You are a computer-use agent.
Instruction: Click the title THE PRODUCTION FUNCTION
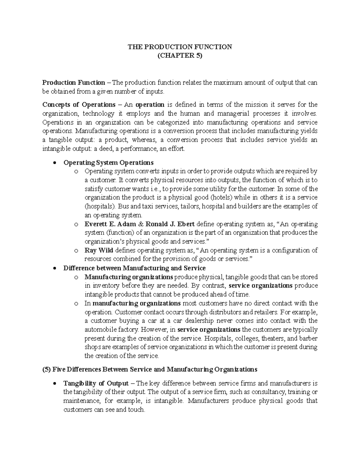pyautogui.click(x=180, y=47)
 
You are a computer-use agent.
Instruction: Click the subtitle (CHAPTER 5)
pyautogui.click(x=180, y=56)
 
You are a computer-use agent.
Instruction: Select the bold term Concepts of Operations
pyautogui.click(x=79, y=105)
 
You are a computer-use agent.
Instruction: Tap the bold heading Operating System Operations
pyautogui.click(x=108, y=163)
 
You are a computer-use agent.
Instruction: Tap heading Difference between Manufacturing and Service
pyautogui.click(x=134, y=268)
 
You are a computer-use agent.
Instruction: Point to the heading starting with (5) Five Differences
pyautogui.click(x=150, y=369)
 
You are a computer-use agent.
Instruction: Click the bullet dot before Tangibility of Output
pyautogui.click(x=54, y=383)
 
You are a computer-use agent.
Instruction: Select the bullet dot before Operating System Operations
pyautogui.click(x=54, y=163)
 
